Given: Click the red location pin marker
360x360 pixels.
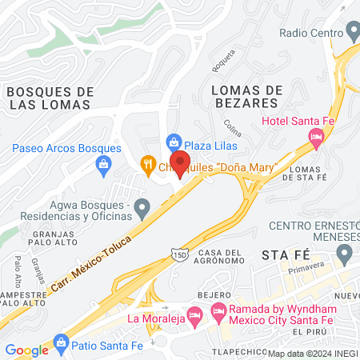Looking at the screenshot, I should (x=180, y=162).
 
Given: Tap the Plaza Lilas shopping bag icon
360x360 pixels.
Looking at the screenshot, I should (x=174, y=142).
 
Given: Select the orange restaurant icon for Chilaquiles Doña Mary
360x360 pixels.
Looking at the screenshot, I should (x=147, y=166).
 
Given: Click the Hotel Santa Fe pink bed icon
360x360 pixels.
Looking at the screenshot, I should (x=317, y=140).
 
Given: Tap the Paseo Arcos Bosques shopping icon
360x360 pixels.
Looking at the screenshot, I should (x=102, y=166).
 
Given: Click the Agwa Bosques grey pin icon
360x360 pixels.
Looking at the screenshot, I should (x=142, y=209).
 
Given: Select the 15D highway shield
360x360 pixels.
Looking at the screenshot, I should (x=178, y=254).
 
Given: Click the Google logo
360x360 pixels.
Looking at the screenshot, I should (x=26, y=350).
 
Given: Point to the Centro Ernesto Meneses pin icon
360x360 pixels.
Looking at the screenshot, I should (x=345, y=255).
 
